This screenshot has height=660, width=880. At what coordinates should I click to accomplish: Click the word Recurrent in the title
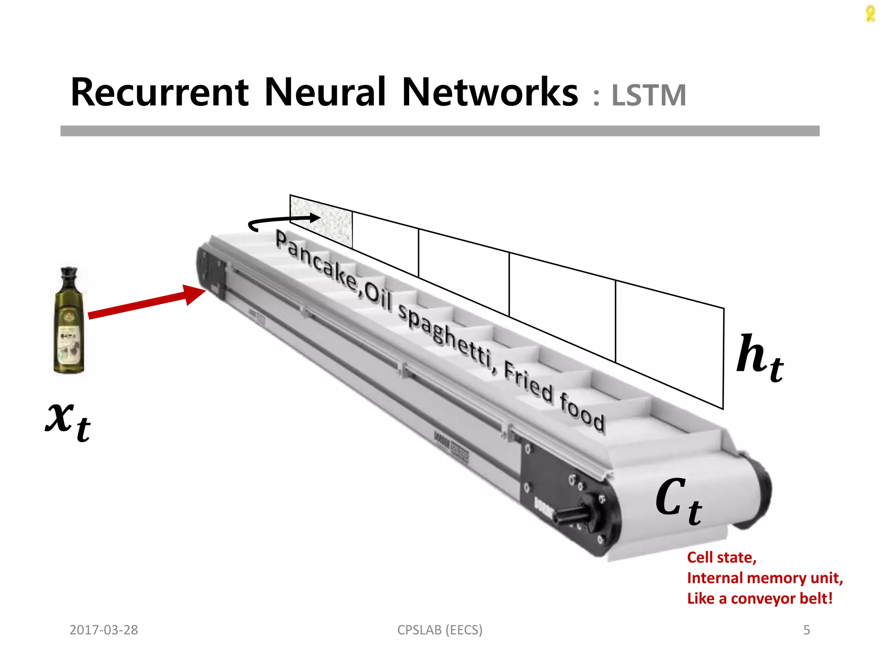point(159,92)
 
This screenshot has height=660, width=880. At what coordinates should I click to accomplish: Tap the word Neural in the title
point(325,92)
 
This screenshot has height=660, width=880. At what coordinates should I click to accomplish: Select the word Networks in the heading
point(490,92)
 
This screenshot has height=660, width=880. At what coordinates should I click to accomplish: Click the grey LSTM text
point(648,95)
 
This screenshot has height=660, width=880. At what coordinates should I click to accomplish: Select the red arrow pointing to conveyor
point(146,303)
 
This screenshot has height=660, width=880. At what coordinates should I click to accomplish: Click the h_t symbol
point(760,357)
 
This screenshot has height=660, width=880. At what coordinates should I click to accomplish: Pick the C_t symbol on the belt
point(679,501)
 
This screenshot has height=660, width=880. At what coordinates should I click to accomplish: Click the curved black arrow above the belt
point(279,221)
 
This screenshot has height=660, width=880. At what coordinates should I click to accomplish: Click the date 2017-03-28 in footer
point(104,630)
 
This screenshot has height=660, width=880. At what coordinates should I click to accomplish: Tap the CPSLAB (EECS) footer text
point(440,630)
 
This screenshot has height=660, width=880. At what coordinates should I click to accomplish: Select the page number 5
point(807,630)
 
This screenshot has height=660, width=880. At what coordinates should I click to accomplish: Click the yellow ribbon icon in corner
point(870,14)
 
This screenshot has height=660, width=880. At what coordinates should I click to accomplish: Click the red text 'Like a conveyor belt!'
point(760,599)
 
